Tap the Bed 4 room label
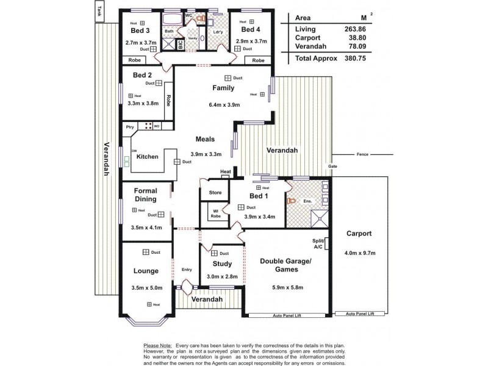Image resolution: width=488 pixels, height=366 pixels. tap(251, 29)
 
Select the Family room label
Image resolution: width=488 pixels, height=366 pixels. tap(223, 88)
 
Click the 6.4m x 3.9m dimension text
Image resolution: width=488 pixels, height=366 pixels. tap(224, 105)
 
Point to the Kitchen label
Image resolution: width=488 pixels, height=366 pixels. tap(147, 157)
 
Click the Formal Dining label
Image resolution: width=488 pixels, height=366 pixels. tap(145, 195)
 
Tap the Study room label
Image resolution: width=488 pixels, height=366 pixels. tap(222, 264)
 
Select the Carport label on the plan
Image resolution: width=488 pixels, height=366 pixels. tap(359, 234)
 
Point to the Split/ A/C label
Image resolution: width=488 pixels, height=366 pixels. tap(318, 245)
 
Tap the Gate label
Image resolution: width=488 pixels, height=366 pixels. tap(332, 167)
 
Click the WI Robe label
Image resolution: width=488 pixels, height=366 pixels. tap(216, 213)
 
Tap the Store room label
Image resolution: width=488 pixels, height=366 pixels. tap(215, 192)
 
